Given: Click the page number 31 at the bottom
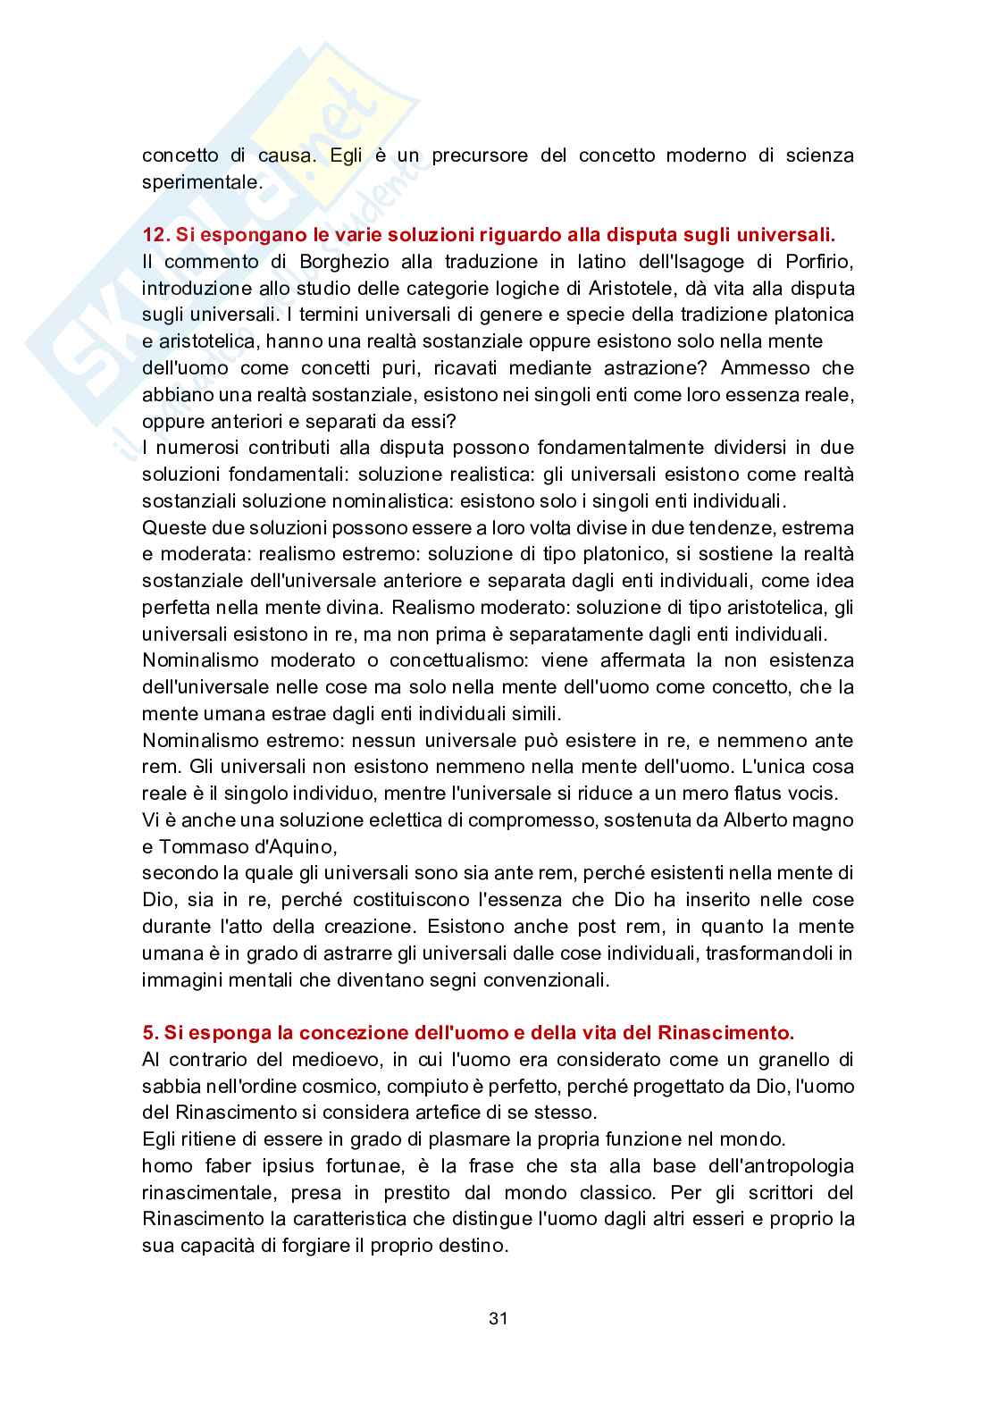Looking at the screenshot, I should coord(498,1318).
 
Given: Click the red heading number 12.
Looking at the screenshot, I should coord(155,235).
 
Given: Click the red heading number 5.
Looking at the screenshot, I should coord(149,1032).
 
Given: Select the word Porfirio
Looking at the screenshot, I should coord(817,262).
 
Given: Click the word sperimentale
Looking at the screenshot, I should coord(201,182).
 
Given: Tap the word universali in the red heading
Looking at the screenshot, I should coord(788,235).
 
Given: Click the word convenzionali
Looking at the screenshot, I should coord(551,979).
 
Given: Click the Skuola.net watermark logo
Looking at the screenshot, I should coord(223,223).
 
